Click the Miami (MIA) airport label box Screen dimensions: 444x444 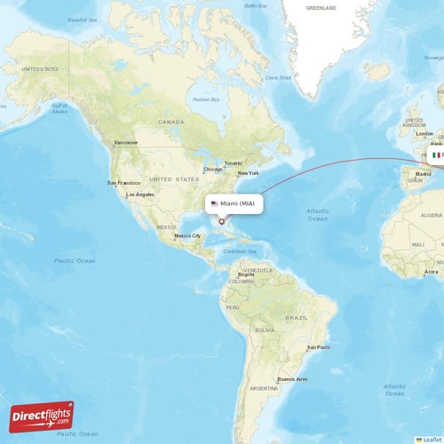[234, 203]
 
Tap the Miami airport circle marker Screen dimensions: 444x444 [221, 221]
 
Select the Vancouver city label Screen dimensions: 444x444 [126, 142]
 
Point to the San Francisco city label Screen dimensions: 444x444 [124, 183]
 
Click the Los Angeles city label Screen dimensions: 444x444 [140, 194]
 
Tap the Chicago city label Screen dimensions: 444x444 [212, 169]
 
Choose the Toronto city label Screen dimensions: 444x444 [234, 163]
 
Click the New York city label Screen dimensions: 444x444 [248, 173]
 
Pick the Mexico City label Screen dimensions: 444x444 [187, 235]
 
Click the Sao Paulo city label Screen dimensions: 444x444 [317, 347]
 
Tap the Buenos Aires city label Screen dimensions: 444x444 [292, 379]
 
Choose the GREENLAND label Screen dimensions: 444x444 [321, 7]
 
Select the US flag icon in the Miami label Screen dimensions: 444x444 [214, 203]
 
